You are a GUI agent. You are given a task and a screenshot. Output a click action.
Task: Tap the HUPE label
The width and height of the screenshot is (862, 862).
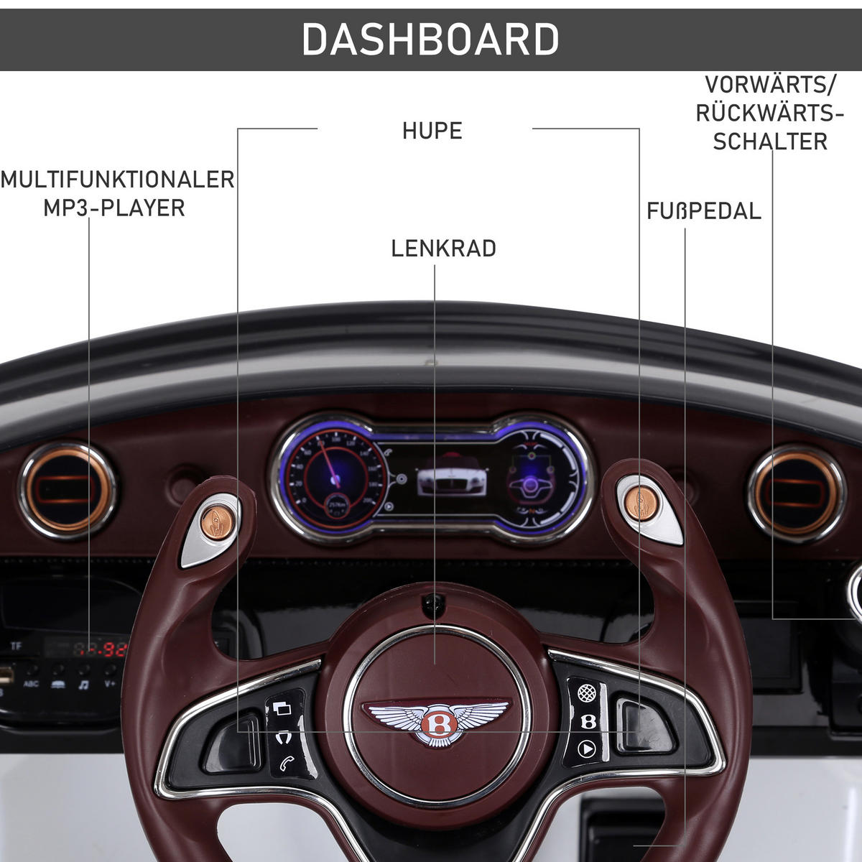[x=432, y=131]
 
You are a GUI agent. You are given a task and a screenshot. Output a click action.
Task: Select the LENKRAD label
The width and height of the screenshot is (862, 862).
[x=443, y=249]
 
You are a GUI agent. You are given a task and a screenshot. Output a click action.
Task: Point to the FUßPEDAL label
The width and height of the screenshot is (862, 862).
[x=703, y=211]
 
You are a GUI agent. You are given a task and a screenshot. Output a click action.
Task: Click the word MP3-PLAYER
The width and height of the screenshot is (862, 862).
[x=114, y=208]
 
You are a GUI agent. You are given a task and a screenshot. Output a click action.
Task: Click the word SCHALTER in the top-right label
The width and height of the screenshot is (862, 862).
[x=770, y=141]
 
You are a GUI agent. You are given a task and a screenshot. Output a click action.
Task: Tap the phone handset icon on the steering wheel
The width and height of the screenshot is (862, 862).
[x=286, y=763]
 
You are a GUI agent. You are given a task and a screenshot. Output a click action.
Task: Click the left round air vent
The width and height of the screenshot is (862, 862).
[x=67, y=491]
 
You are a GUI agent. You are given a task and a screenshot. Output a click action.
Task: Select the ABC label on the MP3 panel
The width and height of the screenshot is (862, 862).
[x=32, y=685]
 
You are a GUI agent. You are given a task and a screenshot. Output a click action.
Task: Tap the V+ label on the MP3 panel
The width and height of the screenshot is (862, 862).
[x=110, y=685]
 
